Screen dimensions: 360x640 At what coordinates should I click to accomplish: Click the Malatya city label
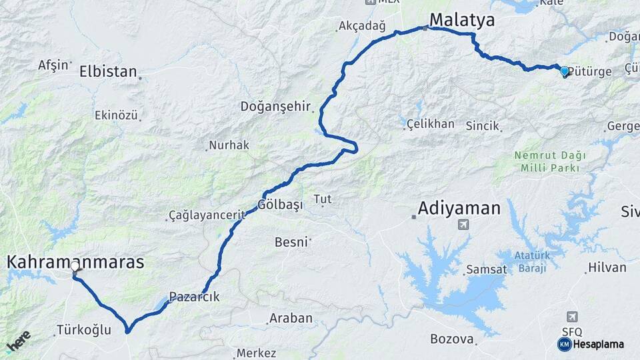pyautogui.click(x=462, y=19)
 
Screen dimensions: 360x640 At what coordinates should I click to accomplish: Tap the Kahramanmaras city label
pyautogui.click(x=75, y=262)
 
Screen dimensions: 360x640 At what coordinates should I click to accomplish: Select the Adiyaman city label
pyautogui.click(x=459, y=208)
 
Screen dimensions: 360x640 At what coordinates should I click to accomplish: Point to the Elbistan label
pyautogui.click(x=108, y=71)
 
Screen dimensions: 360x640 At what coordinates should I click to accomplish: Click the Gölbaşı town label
pyautogui.click(x=281, y=204)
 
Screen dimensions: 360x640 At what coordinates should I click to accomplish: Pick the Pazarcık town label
pyautogui.click(x=194, y=297)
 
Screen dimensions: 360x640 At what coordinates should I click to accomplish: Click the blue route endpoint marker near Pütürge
pyautogui.click(x=565, y=71)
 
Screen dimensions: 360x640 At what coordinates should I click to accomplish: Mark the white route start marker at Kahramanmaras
pyautogui.click(x=75, y=267)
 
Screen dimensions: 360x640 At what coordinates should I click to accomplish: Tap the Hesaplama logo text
pyautogui.click(x=598, y=344)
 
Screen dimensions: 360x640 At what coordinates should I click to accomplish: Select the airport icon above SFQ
pyautogui.click(x=572, y=316)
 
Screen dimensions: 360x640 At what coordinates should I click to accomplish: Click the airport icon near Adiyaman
pyautogui.click(x=463, y=225)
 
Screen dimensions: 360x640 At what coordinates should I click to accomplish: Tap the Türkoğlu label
pyautogui.click(x=83, y=329)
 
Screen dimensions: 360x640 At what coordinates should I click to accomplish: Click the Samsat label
pyautogui.click(x=486, y=269)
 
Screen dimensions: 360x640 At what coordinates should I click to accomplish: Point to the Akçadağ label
pyautogui.click(x=362, y=26)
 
